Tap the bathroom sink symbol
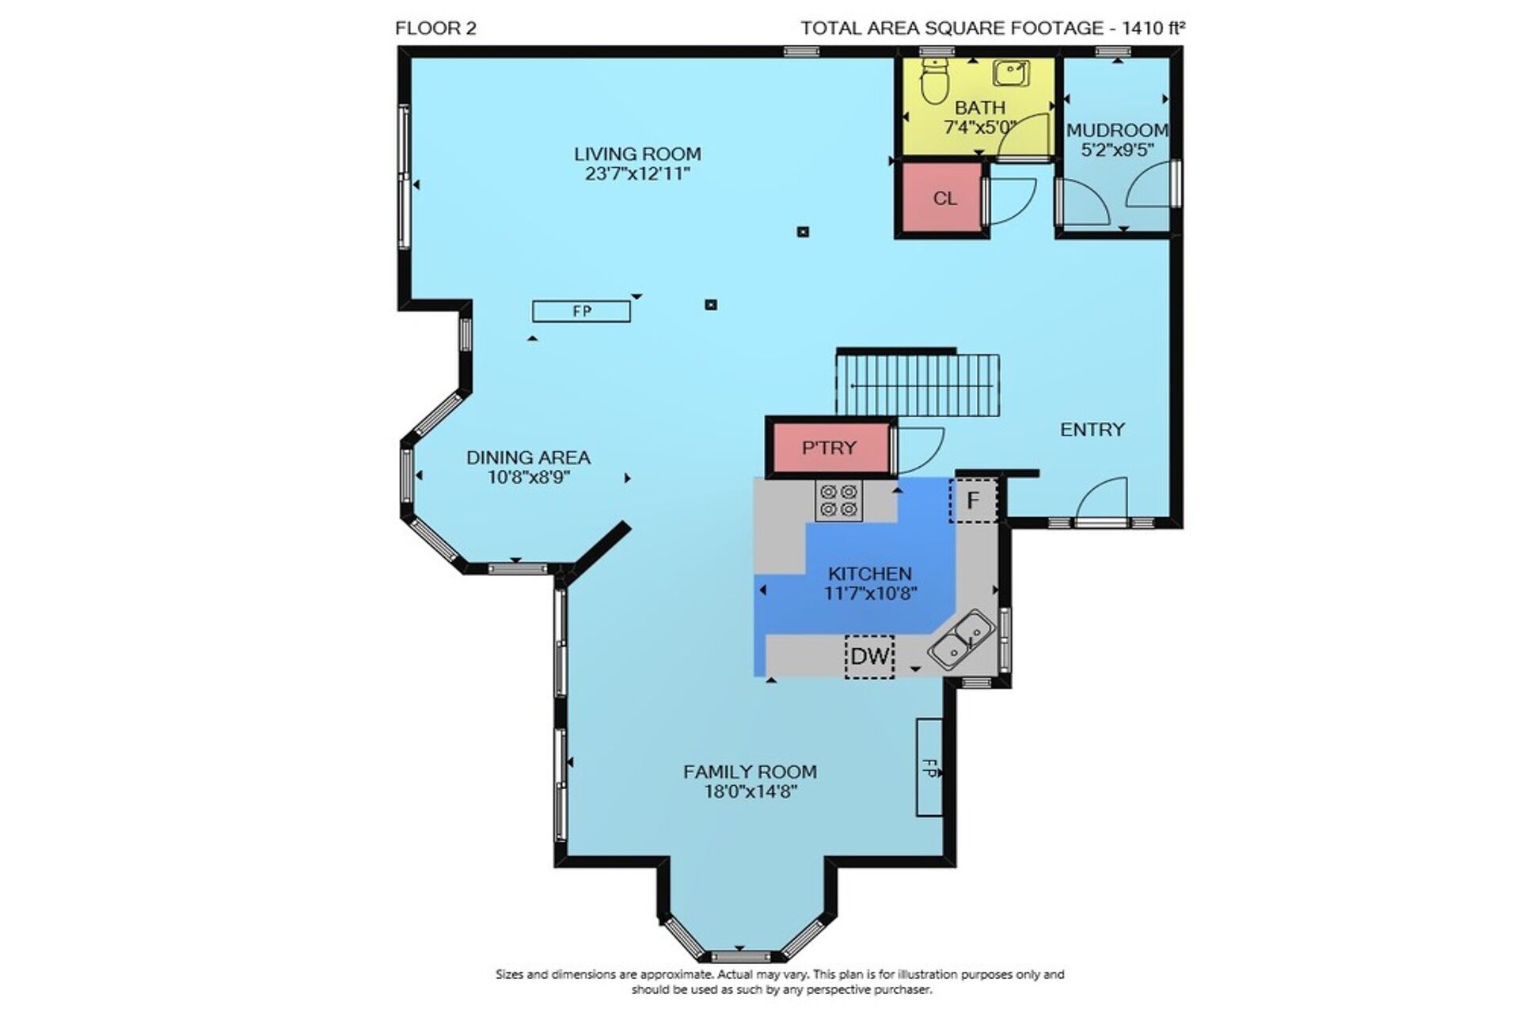coord(1012,73)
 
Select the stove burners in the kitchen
coord(838,501)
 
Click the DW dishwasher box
coord(870,656)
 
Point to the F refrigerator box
coord(974,500)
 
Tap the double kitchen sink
coord(961,639)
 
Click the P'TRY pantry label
coord(829,448)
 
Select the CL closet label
coord(944,199)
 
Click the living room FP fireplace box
coord(582,311)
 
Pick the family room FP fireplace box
coord(929,767)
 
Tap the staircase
coord(918,384)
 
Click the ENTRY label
coord(1092,430)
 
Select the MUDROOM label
coord(1117,130)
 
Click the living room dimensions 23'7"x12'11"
coord(638,173)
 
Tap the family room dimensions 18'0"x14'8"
coord(750,791)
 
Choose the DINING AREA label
coord(528,457)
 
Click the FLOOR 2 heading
coord(436,29)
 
